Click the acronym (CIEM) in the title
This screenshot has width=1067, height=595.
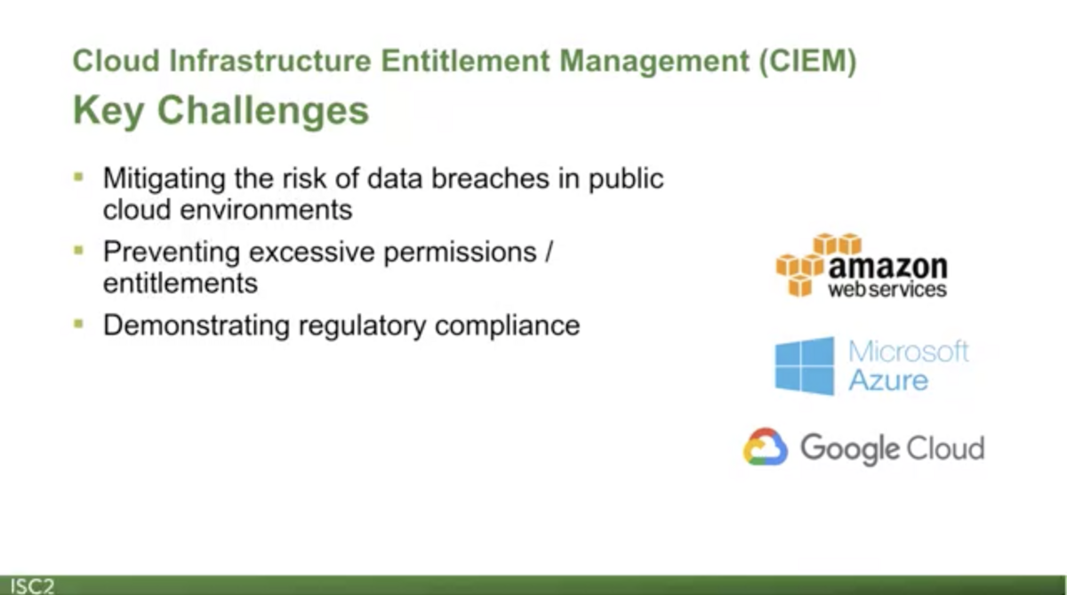coord(808,61)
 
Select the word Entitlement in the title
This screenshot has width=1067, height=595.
coord(465,61)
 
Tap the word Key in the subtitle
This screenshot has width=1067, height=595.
coord(108,111)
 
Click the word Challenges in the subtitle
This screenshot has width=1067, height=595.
coord(263,110)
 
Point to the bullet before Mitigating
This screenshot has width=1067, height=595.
coord(78,177)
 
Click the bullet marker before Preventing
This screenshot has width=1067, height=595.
coord(78,250)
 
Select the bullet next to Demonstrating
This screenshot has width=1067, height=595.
coord(78,324)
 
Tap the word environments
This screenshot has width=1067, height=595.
coord(266,210)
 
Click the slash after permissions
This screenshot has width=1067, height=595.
coord(549,252)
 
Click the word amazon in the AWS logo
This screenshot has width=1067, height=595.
coord(888,267)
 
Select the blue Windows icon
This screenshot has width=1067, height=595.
coord(805,366)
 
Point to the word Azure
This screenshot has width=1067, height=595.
coord(888,380)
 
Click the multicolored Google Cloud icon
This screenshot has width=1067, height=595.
coord(765,446)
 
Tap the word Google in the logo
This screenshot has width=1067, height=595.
coord(849,449)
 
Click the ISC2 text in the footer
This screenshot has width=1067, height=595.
coord(32,586)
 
